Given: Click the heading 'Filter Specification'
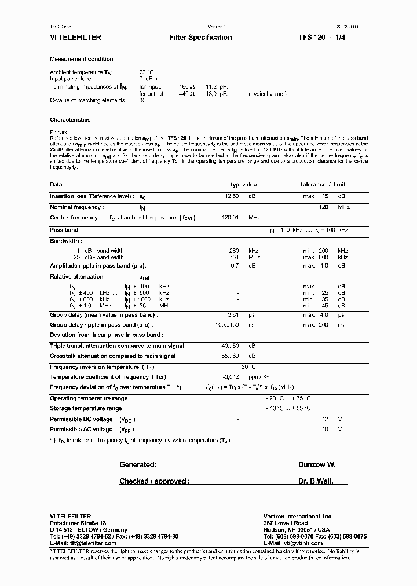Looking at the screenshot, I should (200, 38).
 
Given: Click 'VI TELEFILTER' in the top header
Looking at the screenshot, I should (76, 38).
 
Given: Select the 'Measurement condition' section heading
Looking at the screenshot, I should (82, 59).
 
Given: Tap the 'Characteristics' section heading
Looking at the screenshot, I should (71, 120).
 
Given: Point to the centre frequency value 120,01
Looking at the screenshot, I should (231, 218).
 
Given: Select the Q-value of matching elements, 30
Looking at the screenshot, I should (142, 100).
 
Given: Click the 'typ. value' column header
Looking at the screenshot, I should (243, 184).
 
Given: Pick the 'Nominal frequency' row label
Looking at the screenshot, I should (77, 207).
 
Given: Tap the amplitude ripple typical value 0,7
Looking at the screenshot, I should (235, 265).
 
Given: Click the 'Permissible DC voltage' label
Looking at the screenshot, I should (81, 419).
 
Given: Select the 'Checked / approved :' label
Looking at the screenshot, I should (153, 481).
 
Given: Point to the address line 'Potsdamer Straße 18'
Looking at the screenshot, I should (78, 523).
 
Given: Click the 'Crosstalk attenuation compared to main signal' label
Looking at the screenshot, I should (112, 356).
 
